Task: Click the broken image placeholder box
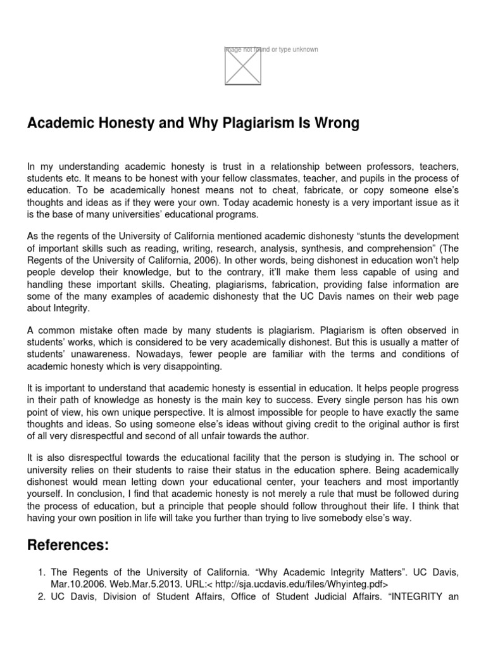pos(243,66)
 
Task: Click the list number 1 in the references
pos(36,572)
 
